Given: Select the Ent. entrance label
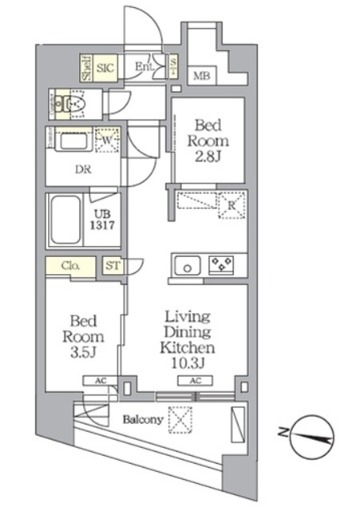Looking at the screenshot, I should tap(144, 67).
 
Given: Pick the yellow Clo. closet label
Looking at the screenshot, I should tap(69, 266).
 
